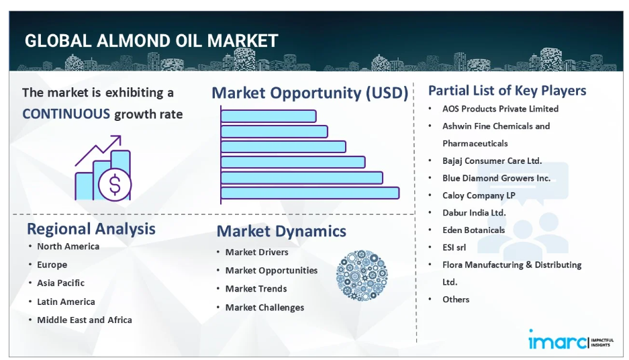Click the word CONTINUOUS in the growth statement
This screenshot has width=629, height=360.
[66, 114]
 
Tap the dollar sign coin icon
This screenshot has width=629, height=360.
[115, 185]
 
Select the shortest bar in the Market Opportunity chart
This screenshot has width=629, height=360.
[269, 116]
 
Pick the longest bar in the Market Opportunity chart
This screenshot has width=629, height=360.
[310, 193]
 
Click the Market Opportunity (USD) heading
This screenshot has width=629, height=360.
[309, 93]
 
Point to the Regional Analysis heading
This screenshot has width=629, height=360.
[91, 229]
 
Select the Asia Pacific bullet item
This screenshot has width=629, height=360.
[61, 283]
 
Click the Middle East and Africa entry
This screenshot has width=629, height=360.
[85, 320]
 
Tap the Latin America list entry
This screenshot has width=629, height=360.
[66, 302]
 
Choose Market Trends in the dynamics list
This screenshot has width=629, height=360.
[256, 289]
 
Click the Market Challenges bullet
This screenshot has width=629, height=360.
[264, 308]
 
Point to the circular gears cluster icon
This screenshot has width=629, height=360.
[362, 275]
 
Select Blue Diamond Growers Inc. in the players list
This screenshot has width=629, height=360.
[496, 178]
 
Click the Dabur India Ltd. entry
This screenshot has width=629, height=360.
[474, 213]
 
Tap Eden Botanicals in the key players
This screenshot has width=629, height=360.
[474, 230]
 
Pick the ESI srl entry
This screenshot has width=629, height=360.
[454, 247]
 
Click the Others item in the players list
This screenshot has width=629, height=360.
[456, 300]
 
